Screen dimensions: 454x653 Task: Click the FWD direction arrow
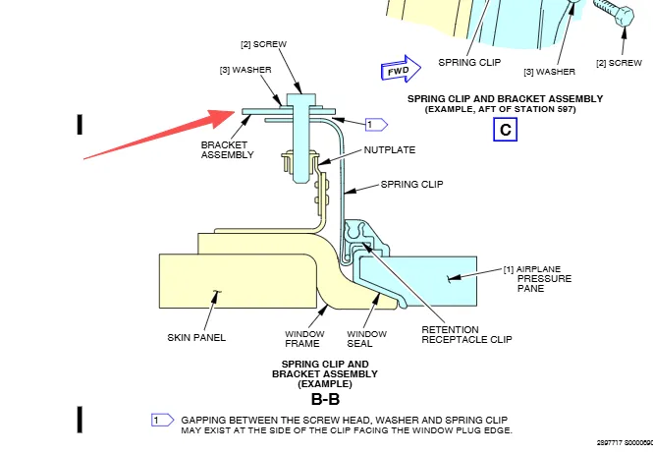pyautogui.click(x=400, y=71)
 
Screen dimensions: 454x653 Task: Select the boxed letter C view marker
pyautogui.click(x=505, y=129)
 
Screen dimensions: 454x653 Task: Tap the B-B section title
pyautogui.click(x=325, y=400)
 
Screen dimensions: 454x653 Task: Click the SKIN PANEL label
pyautogui.click(x=196, y=337)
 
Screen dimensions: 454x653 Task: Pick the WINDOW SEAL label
pyautogui.click(x=367, y=340)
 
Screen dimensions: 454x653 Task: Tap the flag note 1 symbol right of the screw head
pyautogui.click(x=376, y=125)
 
